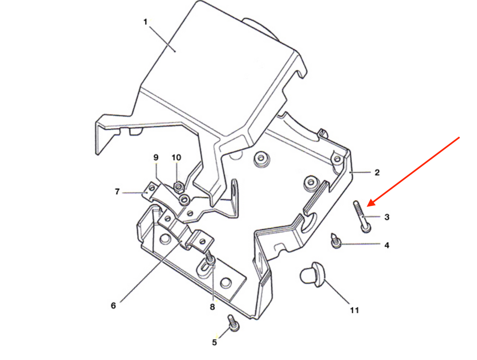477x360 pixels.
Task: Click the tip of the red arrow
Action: tap(367, 206)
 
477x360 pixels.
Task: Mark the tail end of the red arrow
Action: tap(459, 137)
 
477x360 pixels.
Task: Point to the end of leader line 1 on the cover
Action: tap(175, 52)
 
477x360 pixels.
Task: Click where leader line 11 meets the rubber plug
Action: tap(325, 280)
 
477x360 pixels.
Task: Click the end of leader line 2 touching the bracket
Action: tap(350, 173)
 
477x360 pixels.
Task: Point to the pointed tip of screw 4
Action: tap(332, 234)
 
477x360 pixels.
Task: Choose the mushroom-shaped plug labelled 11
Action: tap(312, 275)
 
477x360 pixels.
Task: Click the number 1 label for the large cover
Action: tap(145, 22)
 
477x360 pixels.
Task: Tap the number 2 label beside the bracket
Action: tap(377, 173)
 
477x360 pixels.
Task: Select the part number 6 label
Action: tap(113, 306)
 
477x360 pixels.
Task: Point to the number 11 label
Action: tap(354, 311)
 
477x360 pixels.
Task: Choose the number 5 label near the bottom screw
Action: tap(214, 343)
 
